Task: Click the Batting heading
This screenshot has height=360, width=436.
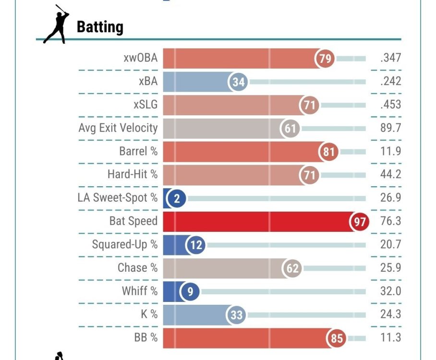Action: pos(100,26)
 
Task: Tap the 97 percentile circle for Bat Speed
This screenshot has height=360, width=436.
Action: pos(360,222)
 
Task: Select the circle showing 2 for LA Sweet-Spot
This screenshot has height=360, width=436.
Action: pos(177,198)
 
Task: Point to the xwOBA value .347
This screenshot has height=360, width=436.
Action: pos(390,59)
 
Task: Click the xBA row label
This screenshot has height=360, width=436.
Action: pos(148,82)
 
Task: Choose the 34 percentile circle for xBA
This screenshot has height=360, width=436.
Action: pos(238,82)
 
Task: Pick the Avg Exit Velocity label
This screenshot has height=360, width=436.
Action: pos(118,128)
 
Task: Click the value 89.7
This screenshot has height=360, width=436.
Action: pos(390,128)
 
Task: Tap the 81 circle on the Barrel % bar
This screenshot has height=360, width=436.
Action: pos(329,152)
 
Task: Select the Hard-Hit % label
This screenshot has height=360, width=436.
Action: pos(132,174)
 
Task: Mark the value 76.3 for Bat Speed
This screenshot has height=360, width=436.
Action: pos(390,221)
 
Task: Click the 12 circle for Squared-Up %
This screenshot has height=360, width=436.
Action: pos(196,245)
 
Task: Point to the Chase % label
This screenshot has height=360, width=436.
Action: pos(137,268)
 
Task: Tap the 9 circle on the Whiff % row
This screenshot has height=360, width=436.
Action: pos(190,291)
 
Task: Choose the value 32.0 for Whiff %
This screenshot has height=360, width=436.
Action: pos(390,291)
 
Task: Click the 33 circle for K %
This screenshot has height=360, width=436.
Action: pos(237,315)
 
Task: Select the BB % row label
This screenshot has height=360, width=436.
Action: pos(146,337)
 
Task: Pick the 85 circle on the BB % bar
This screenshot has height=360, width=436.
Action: pos(337,338)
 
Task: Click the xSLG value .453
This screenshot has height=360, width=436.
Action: pos(390,105)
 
